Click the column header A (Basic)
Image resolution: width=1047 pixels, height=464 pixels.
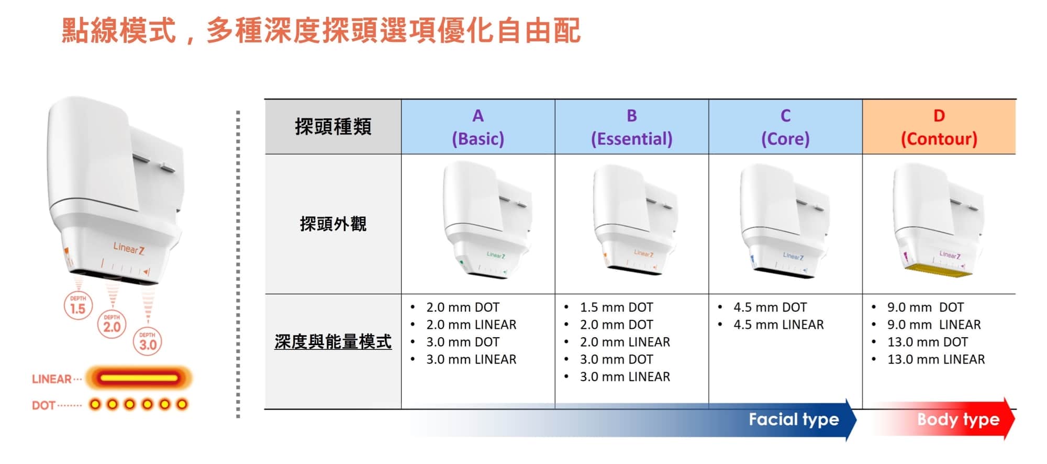tap(478, 127)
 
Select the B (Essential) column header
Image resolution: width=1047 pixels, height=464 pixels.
tap(632, 127)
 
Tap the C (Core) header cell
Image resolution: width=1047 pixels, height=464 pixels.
tap(785, 127)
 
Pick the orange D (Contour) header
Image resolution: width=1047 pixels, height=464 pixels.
tap(939, 127)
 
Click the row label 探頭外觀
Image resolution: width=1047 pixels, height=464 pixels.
tap(333, 224)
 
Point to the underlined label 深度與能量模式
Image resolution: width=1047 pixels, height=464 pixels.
tap(333, 342)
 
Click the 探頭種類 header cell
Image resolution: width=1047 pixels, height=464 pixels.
tap(333, 127)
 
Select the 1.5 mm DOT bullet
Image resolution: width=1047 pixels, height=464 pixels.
tap(616, 307)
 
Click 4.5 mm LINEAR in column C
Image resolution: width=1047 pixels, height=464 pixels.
tap(778, 325)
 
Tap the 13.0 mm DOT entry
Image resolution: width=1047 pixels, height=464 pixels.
tap(928, 342)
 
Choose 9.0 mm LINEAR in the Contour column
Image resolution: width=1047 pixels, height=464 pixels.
tap(934, 325)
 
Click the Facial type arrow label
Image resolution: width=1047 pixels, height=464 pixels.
tap(794, 419)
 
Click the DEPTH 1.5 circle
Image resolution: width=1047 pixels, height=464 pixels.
tap(78, 306)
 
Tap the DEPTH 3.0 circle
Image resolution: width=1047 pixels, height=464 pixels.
tap(148, 341)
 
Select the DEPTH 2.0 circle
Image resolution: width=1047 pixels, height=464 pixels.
tap(112, 324)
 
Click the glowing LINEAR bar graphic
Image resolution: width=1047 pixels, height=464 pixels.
tap(139, 378)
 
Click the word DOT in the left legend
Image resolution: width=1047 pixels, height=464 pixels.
tap(43, 405)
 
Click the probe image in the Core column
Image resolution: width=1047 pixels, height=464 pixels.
tap(784, 220)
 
